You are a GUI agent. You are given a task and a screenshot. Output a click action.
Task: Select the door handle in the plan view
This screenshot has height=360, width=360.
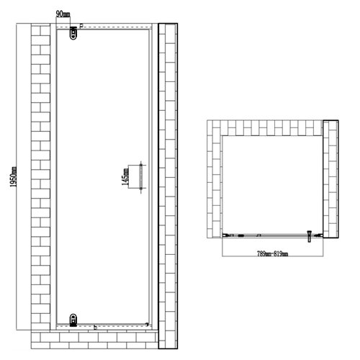pos(310,234)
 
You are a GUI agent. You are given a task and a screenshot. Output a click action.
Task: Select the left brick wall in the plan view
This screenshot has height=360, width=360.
pos(213,180)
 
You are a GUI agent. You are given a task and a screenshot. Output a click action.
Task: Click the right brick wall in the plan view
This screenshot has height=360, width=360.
pos(330,180)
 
